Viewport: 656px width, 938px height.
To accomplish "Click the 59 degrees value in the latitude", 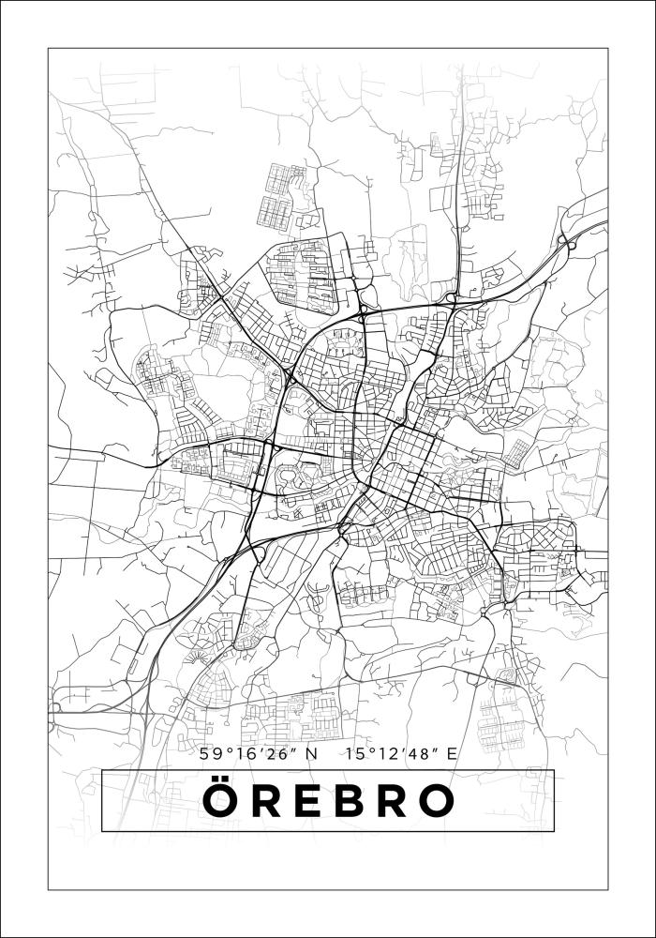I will (209, 752).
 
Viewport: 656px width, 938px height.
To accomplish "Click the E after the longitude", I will (453, 752).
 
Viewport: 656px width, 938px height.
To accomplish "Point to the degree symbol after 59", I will (224, 749).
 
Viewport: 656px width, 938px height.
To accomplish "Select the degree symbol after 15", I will (370, 749).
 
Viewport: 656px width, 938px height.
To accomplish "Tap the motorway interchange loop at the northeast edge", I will (566, 242).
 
